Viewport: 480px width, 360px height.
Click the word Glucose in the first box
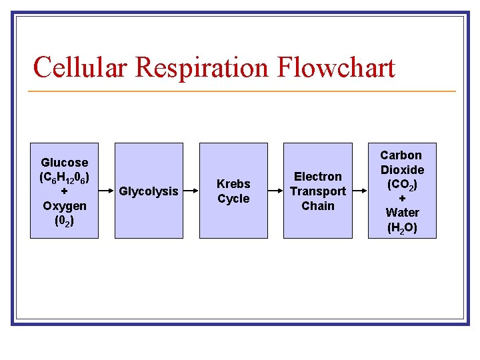[x=64, y=163]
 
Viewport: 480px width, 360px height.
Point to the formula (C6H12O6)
[x=64, y=177]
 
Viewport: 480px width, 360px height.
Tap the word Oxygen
[x=64, y=206]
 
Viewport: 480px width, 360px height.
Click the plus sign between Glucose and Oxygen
[x=64, y=192]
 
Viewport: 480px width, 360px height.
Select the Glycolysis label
[x=148, y=191]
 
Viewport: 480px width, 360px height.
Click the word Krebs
[x=233, y=184]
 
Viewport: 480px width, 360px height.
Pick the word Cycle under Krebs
[x=233, y=199]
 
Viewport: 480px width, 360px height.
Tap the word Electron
[x=317, y=177]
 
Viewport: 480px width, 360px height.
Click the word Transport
[x=317, y=191]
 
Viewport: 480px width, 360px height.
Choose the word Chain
[x=317, y=206]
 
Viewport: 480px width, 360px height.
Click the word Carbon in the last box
[x=402, y=155]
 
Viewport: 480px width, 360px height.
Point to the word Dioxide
[x=402, y=170]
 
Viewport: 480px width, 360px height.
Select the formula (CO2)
[x=402, y=185]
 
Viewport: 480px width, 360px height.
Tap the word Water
[x=402, y=213]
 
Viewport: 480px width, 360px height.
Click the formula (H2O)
[x=402, y=227]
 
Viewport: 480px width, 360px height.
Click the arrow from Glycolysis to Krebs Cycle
[x=191, y=191]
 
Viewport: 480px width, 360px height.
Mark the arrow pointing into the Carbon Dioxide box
[x=360, y=191]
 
